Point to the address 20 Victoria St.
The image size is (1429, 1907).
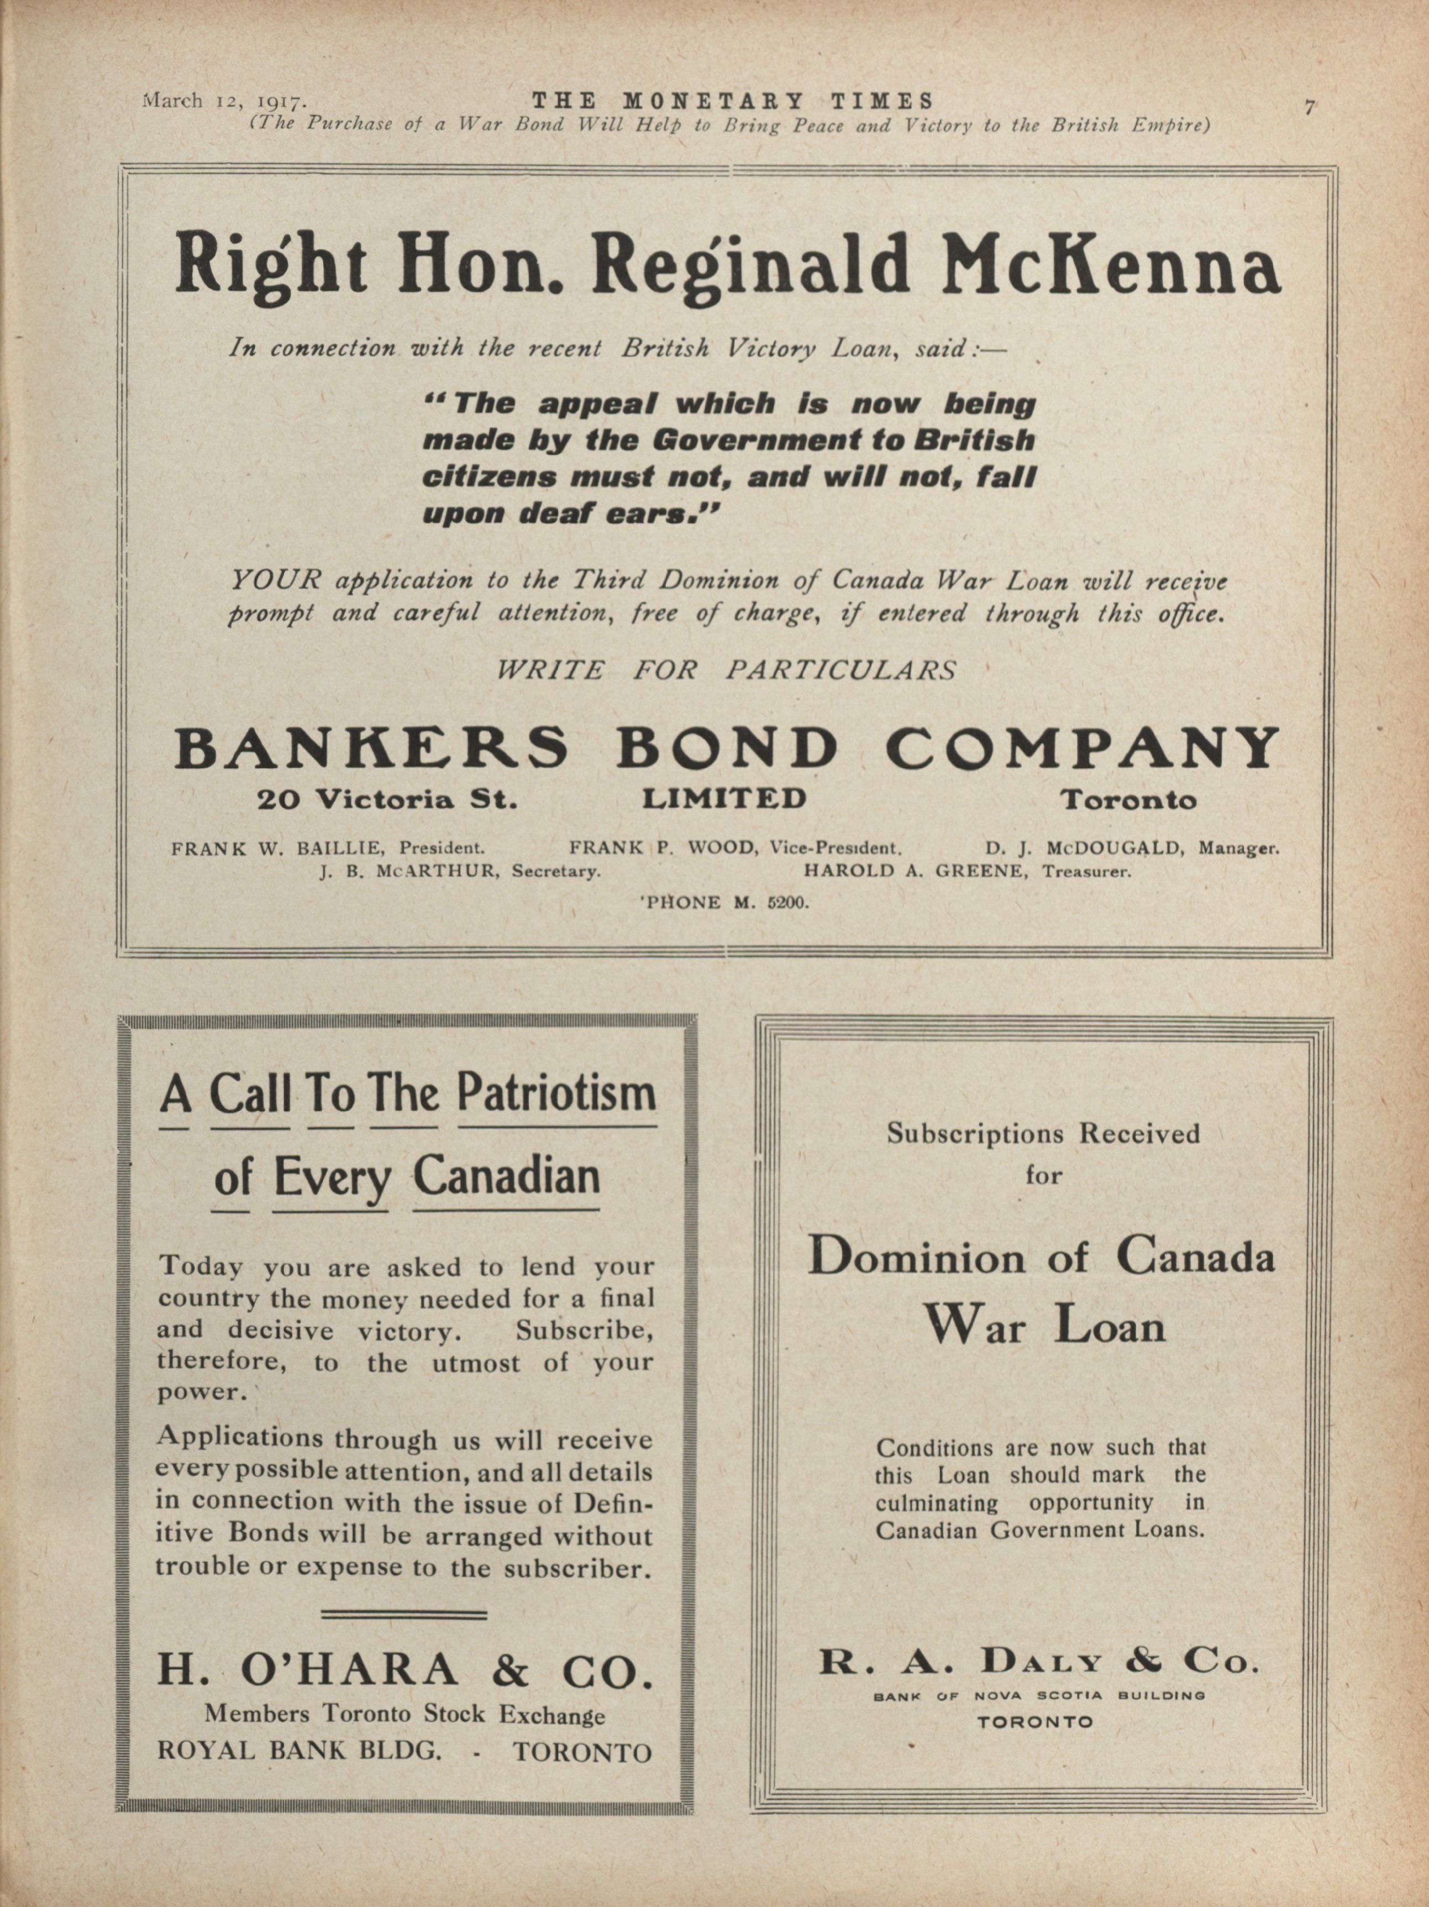pyautogui.click(x=387, y=800)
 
